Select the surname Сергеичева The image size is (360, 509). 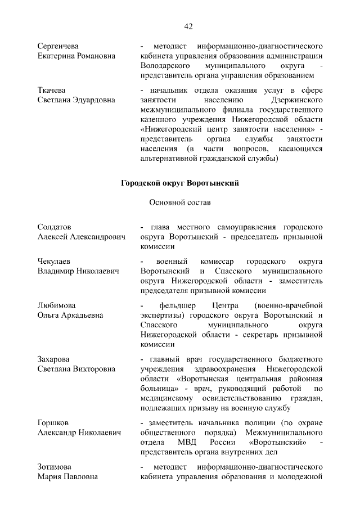pyautogui.click(x=58, y=45)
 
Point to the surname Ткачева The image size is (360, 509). pyautogui.click(x=52, y=90)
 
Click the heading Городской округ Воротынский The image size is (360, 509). pyautogui.click(x=181, y=183)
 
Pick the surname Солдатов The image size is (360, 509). pyautogui.click(x=55, y=227)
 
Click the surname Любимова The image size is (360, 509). pyautogui.click(x=57, y=305)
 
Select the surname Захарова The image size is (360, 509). pyautogui.click(x=56, y=359)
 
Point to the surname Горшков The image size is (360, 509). pyautogui.click(x=54, y=422)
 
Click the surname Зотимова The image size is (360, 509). pyautogui.click(x=56, y=467)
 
